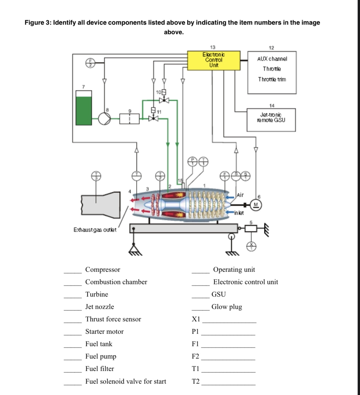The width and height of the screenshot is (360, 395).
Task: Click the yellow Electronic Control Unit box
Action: tap(214, 61)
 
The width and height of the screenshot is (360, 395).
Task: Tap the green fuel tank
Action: tap(84, 110)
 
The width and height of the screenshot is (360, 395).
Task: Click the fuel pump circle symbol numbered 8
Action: tap(104, 118)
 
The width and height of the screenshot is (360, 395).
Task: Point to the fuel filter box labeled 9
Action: tap(130, 118)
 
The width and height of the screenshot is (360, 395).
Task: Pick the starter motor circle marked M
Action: tap(256, 205)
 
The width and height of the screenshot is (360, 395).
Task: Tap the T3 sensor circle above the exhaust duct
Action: tap(96, 176)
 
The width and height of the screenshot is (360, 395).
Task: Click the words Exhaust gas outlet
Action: tap(95, 230)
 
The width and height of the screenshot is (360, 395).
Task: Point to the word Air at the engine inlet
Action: tap(240, 195)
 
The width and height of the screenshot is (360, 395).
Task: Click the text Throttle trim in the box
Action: tap(272, 79)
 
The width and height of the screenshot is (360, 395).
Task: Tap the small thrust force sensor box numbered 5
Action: tap(251, 229)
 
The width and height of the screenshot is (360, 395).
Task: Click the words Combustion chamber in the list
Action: tap(116, 282)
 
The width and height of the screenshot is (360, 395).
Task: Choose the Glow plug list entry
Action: tap(227, 307)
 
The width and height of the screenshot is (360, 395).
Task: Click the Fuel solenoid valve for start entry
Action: tap(125, 381)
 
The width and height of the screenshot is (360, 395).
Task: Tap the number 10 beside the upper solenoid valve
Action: tap(158, 92)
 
